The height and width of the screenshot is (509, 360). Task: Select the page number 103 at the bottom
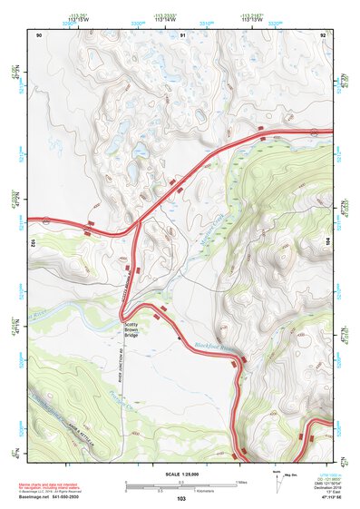(x=181, y=500)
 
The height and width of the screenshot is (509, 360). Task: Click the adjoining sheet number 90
(x=39, y=34)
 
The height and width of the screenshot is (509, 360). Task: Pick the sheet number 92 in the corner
(x=324, y=34)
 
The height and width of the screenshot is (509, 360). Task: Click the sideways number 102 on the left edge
(x=32, y=243)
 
